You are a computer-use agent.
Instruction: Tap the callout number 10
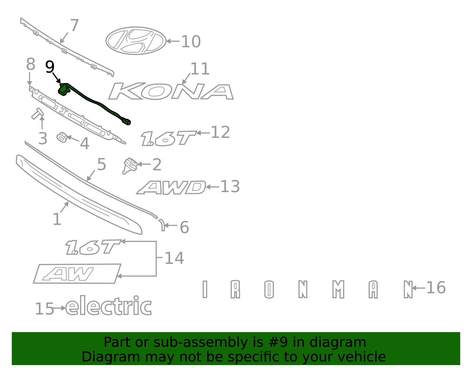(x=191, y=42)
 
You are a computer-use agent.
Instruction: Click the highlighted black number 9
(x=50, y=67)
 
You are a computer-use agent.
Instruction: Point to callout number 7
(x=74, y=25)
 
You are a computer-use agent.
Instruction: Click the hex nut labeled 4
(x=62, y=137)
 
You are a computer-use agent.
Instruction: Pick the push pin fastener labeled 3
(x=37, y=114)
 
